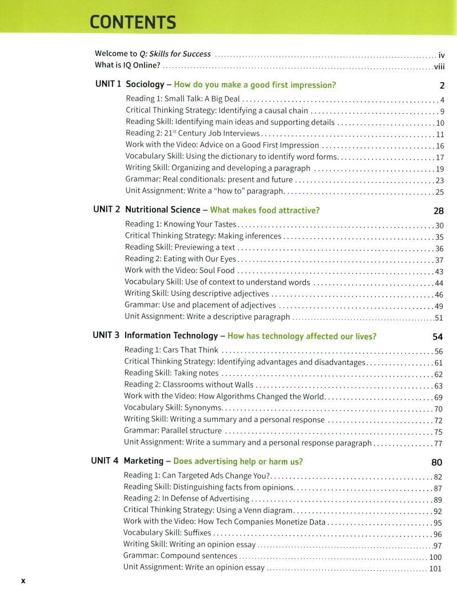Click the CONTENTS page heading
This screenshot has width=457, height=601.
coord(133,22)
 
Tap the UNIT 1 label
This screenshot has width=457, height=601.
coord(108,85)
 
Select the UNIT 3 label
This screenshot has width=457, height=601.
coord(107,335)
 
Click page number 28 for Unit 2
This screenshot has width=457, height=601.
coord(439,211)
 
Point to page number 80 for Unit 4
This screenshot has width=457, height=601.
coord(437,462)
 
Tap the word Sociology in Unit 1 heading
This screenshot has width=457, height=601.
coord(145,85)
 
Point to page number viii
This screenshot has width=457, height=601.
coord(439,67)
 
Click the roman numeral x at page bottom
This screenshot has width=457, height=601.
coord(23,580)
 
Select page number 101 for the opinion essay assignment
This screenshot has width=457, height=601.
coord(435,568)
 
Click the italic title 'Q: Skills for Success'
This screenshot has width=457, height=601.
coord(175,55)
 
